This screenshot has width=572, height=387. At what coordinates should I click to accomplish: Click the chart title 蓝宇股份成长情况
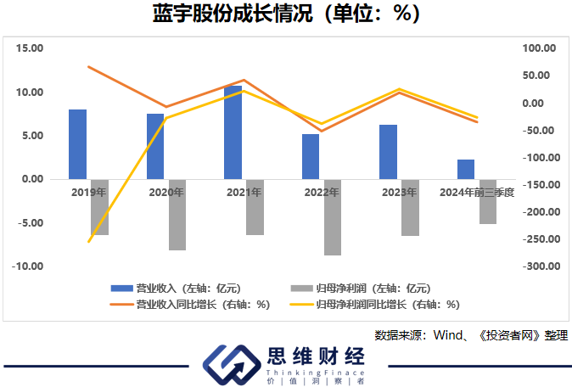tap(286, 15)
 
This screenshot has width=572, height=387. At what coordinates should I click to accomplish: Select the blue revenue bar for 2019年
tap(78, 144)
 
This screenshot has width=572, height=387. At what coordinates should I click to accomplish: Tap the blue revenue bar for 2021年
tap(233, 132)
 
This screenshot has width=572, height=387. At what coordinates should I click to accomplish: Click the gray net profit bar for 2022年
tap(332, 216)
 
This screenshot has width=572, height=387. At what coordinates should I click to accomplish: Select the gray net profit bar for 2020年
tap(177, 214)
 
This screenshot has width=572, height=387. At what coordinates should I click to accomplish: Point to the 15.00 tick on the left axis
tap(31, 48)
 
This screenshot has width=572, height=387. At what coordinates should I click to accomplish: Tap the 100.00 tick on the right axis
tap(540, 48)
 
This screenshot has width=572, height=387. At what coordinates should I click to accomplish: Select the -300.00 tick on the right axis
tap(538, 266)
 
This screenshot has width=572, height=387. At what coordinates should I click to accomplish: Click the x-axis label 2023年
tap(400, 193)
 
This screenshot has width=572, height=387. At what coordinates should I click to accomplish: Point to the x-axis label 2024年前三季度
tap(477, 193)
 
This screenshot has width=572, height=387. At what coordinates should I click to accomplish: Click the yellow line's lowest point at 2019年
tap(88, 242)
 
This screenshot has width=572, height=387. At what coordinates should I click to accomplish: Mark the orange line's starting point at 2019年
tap(88, 66)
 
